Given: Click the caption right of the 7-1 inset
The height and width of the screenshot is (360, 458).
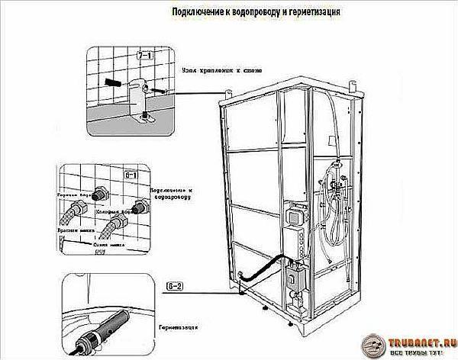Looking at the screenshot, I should (221, 71).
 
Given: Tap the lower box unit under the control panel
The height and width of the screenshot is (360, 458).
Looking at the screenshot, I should (295, 278).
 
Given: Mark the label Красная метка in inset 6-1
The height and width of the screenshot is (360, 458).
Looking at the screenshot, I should (73, 228).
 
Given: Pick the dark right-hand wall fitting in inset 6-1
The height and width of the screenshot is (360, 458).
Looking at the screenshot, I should (139, 205).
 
